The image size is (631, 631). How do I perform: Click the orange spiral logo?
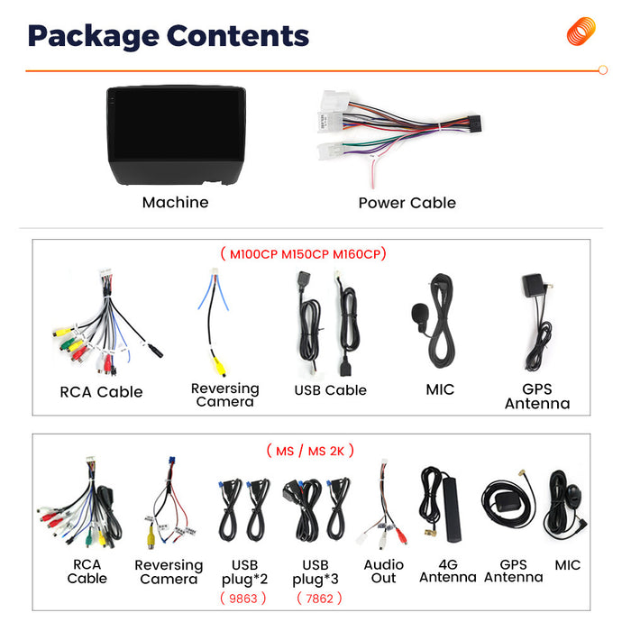coord(581,31)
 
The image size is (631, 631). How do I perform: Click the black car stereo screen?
coord(176,135)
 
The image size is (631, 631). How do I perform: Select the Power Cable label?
coord(407,203)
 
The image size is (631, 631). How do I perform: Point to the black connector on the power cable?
coord(473,123)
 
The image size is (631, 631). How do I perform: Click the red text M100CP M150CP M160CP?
coord(305,254)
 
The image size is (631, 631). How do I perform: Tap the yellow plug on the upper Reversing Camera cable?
coord(219,367)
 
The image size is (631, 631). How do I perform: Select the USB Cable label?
coord(331,390)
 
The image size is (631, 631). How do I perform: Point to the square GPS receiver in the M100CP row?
coord(533,286)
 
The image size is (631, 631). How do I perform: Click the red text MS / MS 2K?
coord(310,451)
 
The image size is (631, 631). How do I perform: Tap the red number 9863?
coord(243,599)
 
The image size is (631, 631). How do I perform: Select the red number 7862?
coord(319,599)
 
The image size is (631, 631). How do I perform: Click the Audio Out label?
coord(383,572)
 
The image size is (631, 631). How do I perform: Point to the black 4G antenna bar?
coord(452,509)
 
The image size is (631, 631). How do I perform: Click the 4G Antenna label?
coord(448,571)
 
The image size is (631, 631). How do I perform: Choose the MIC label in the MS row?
coord(567,565)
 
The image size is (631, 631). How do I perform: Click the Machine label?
coord(176,203)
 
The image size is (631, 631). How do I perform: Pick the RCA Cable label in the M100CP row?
coord(101,392)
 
